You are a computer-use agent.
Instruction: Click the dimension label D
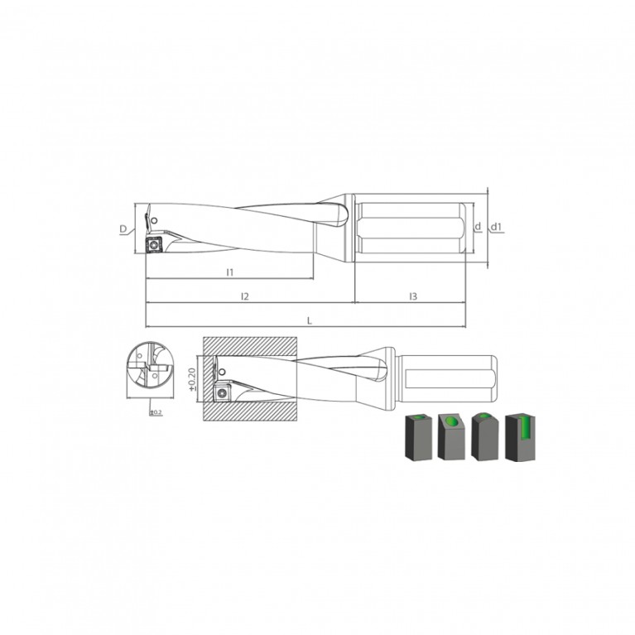pyautogui.click(x=123, y=229)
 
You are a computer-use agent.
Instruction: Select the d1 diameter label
pyautogui.click(x=496, y=227)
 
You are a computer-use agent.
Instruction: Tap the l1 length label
pyautogui.click(x=230, y=272)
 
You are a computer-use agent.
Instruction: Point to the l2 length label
pyautogui.click(x=244, y=296)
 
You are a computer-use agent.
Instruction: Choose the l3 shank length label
pyautogui.click(x=412, y=296)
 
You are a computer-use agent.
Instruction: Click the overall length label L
pyautogui.click(x=310, y=320)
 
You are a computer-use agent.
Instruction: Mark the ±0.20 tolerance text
pyautogui.click(x=192, y=379)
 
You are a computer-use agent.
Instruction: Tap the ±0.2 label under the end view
pyautogui.click(x=156, y=412)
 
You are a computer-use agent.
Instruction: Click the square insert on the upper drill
pyautogui.click(x=153, y=245)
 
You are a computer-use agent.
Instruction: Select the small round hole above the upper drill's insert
pyautogui.click(x=154, y=221)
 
